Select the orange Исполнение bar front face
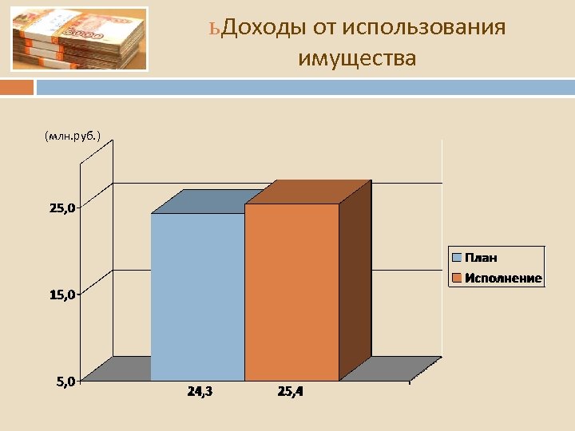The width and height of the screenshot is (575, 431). pos(291,292)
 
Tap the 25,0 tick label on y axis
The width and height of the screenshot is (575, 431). pos(62,208)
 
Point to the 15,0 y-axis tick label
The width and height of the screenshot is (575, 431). pos(62,295)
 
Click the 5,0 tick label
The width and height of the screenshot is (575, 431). pos(65,382)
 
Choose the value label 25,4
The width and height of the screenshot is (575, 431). pos(291,392)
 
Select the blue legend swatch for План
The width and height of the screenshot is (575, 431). pos(457,258)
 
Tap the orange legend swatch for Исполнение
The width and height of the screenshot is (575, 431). pos(457,279)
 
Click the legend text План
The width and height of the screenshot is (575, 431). pos(481,258)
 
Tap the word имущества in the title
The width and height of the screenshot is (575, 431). pos(357,57)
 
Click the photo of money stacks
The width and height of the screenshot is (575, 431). pos(80,39)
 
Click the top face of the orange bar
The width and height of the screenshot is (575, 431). pos(308,192)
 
